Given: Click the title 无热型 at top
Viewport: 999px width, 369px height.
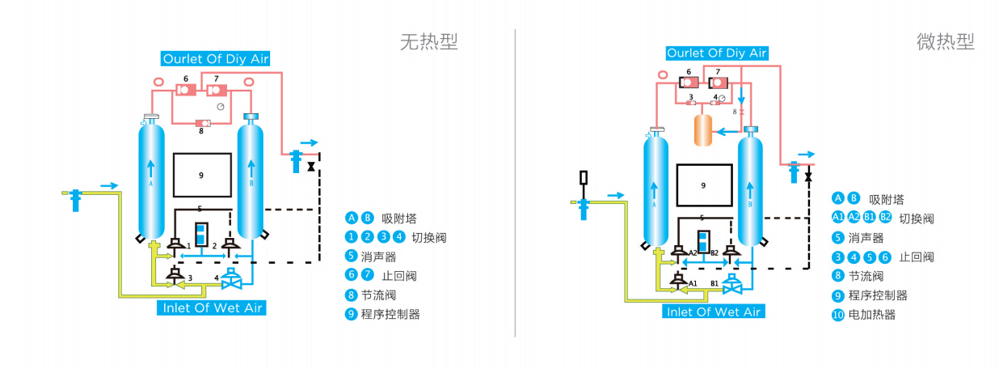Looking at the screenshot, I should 428,41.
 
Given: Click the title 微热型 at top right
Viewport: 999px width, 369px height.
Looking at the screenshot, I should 945,41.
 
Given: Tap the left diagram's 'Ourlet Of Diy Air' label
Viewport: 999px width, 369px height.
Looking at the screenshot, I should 216,58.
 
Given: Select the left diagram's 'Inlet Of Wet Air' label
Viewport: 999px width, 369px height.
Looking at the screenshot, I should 213,308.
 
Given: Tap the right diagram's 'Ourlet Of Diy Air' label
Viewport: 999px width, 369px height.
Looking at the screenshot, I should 716,53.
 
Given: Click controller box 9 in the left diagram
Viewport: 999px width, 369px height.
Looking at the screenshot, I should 202,174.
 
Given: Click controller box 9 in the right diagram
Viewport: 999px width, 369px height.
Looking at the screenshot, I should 704,185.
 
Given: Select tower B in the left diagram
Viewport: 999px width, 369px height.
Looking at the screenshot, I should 251,178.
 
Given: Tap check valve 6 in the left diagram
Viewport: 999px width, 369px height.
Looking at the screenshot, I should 186,89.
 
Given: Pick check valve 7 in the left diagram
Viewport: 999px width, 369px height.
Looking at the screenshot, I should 217,89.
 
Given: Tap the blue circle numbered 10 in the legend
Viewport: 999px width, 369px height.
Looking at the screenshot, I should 838,315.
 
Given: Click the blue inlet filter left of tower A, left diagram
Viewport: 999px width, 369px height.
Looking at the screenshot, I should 76,198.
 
